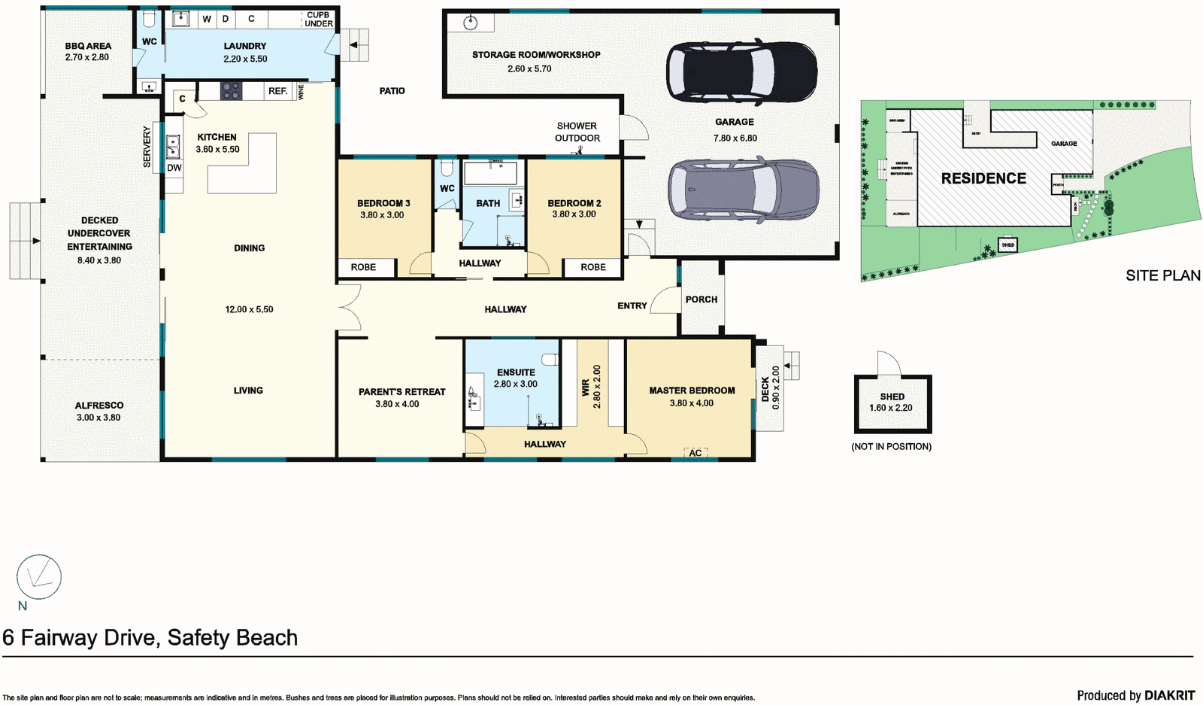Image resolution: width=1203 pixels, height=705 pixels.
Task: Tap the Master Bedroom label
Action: [692, 390]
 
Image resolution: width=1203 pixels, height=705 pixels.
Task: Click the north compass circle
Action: [39, 577]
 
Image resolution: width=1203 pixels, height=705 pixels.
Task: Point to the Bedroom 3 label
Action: [383, 203]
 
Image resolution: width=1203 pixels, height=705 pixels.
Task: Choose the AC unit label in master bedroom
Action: [695, 453]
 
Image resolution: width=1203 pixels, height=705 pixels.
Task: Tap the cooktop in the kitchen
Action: [231, 91]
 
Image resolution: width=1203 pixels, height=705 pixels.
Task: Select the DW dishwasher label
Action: [174, 168]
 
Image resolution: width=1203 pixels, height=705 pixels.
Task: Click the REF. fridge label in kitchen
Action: [277, 91]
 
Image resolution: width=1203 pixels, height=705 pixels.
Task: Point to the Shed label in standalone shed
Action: [892, 397]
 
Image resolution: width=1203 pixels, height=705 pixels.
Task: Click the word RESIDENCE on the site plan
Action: [983, 178]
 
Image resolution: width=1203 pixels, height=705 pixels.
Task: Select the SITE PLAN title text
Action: [1162, 275]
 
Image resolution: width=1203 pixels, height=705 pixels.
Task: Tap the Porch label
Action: [701, 299]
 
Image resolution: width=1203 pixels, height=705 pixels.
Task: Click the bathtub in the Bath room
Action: [491, 173]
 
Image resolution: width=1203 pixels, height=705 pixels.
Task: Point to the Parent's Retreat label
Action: [402, 392]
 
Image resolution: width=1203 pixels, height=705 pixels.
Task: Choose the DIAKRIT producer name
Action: [1169, 695]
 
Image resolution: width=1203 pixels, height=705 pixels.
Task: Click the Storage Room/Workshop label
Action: [536, 55]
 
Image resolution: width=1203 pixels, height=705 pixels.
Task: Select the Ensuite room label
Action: [516, 372]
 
